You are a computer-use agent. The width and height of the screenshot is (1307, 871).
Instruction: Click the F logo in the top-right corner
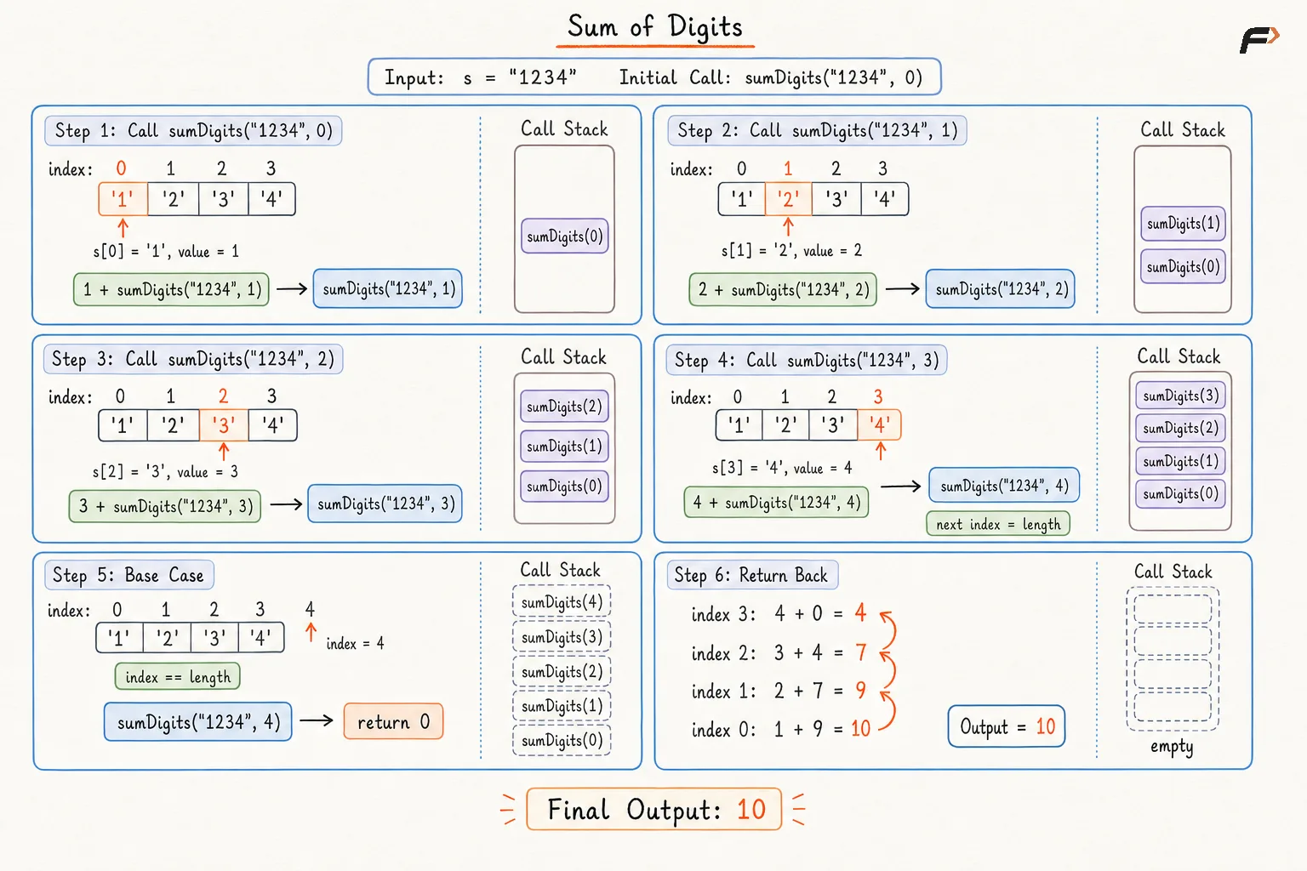(x=1259, y=40)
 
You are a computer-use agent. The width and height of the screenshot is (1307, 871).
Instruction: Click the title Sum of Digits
(x=654, y=27)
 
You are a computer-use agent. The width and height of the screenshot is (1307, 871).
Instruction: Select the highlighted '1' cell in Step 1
(x=123, y=199)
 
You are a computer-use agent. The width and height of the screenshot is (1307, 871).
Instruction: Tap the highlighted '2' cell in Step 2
(x=788, y=199)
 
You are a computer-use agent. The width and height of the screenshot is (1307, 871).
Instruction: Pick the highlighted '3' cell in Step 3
(x=224, y=424)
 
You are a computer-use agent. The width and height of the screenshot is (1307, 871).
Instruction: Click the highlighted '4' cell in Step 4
(x=879, y=424)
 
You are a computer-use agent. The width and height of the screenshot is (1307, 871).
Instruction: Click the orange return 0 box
(x=393, y=721)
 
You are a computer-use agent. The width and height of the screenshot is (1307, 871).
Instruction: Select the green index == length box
(x=177, y=677)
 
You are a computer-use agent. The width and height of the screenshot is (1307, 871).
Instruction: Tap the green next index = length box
(x=998, y=524)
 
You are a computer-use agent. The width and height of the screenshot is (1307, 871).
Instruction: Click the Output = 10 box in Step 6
(x=1007, y=726)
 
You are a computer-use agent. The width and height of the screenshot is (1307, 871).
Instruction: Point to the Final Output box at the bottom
(x=654, y=809)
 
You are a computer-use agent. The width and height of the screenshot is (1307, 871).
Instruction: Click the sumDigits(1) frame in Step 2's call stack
(x=1183, y=224)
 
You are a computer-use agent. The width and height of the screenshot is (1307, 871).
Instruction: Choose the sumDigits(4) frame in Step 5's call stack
(x=562, y=601)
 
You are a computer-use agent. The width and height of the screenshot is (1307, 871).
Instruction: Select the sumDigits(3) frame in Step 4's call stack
(x=1180, y=396)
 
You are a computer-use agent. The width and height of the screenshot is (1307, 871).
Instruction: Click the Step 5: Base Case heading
(x=129, y=575)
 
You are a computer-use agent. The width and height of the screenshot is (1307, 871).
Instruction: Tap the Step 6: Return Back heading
(x=752, y=575)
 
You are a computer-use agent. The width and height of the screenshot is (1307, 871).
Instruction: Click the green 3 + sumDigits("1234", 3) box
(x=165, y=506)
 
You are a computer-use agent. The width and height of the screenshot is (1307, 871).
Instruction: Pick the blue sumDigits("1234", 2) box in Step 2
(x=1000, y=289)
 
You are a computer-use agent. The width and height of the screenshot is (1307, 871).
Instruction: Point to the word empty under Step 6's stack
(x=1172, y=746)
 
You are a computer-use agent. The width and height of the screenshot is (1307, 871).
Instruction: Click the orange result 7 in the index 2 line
(x=860, y=652)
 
